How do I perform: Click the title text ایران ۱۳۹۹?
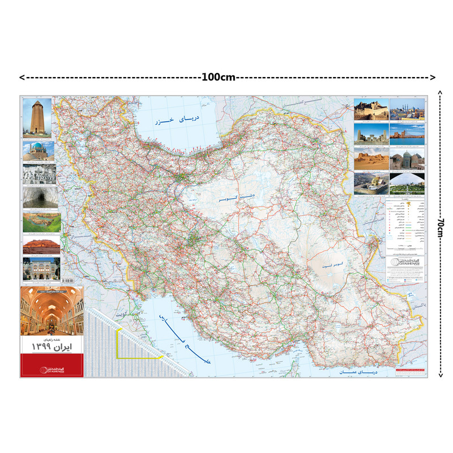click(52, 345)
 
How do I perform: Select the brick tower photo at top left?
click(37, 118)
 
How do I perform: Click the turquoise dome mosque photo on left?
click(38, 151)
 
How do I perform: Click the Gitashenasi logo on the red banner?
click(52, 369)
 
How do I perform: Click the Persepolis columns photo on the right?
click(370, 134)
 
